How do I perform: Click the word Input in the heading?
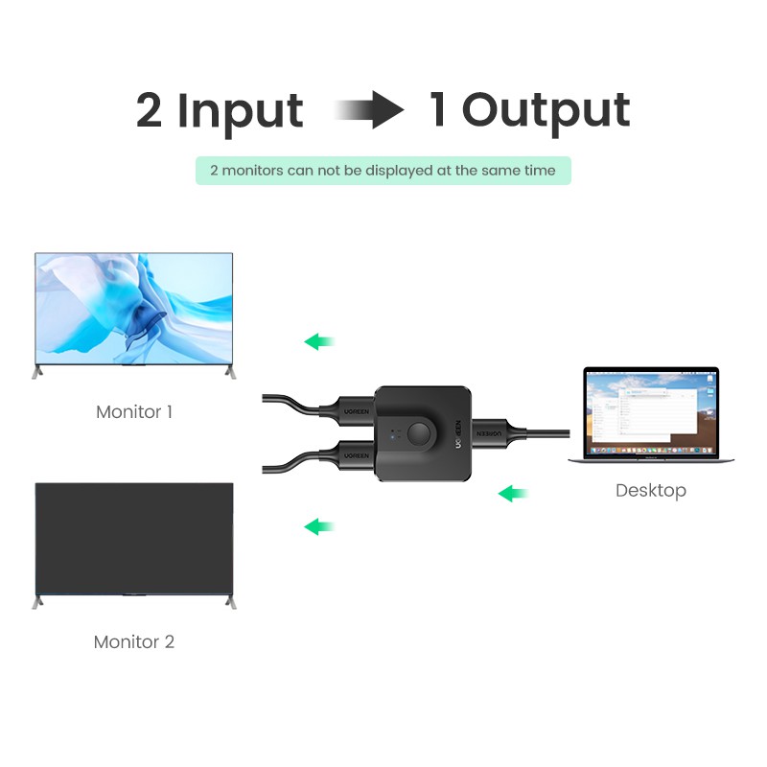coord(241,111)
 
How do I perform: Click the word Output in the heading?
coord(546,110)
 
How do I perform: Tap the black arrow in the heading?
coord(370,110)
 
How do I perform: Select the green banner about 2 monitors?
coord(383,171)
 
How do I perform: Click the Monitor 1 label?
coord(134,412)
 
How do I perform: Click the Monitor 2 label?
coord(134,642)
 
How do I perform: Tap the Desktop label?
coord(651,491)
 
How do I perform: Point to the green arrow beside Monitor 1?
coord(319,341)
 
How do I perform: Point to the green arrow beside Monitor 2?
coord(319,526)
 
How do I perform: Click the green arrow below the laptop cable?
coord(514,495)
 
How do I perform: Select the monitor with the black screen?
coord(133,539)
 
